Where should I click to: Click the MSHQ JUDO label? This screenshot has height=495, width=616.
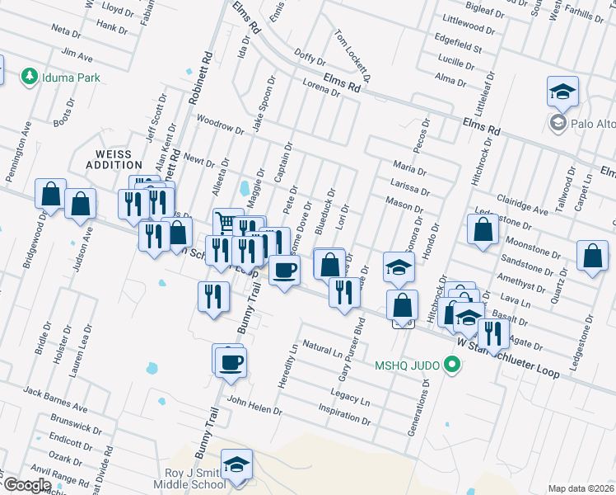[x=408, y=364]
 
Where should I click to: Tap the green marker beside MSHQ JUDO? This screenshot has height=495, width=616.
[x=450, y=364]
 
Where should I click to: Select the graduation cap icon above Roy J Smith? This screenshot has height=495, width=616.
[x=236, y=465]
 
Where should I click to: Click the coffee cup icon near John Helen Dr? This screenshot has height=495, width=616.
[x=230, y=361]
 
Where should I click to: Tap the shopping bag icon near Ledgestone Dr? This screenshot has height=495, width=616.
[x=483, y=231]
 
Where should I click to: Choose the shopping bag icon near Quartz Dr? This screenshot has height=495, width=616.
[x=592, y=257]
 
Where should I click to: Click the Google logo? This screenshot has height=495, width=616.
[x=26, y=485]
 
